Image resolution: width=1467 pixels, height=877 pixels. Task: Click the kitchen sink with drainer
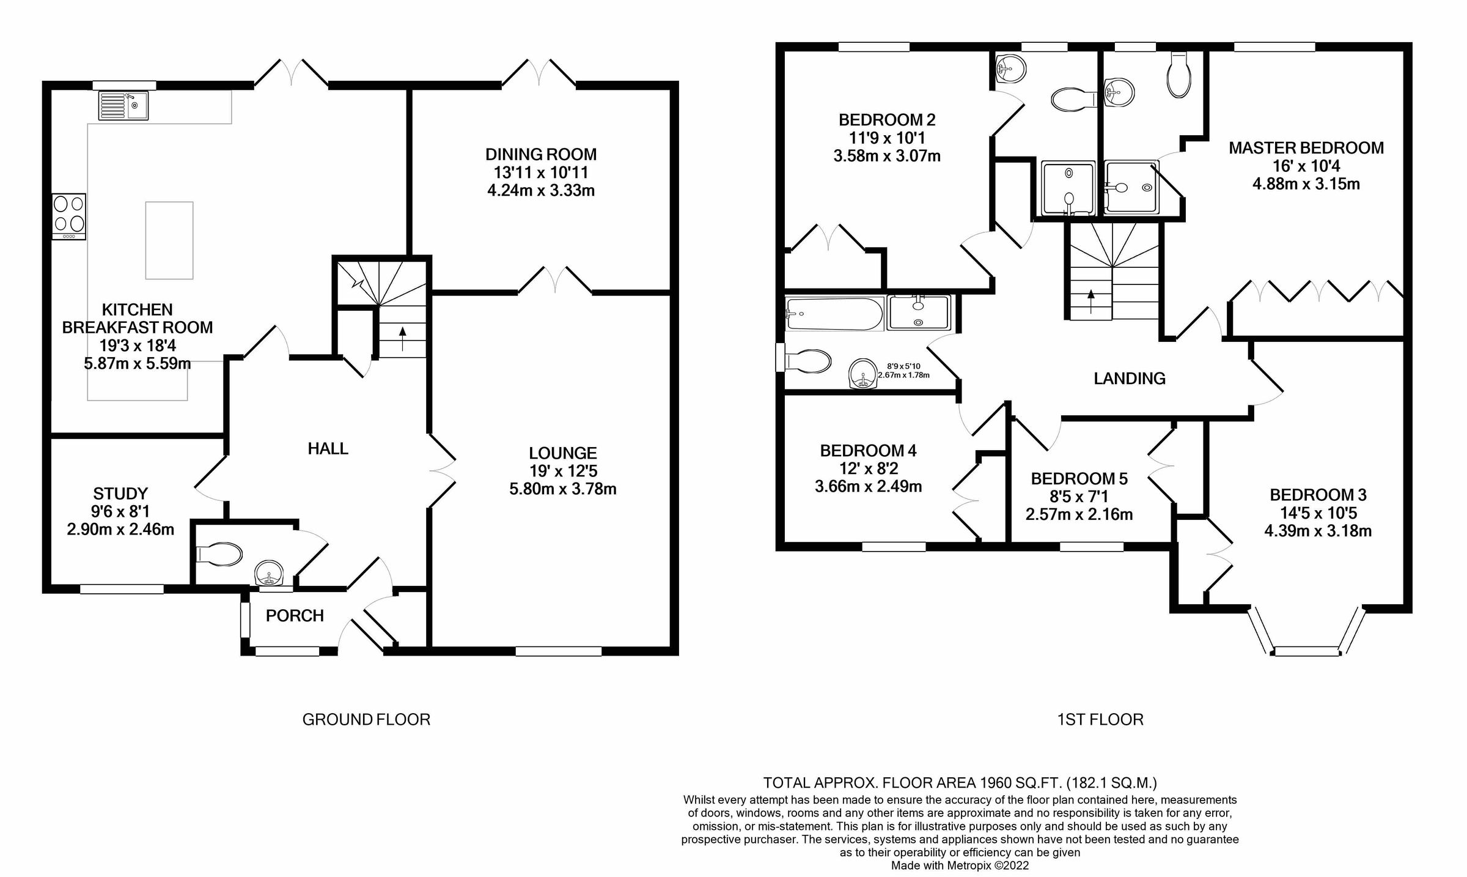123,106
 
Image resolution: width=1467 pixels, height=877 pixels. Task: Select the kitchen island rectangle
169,240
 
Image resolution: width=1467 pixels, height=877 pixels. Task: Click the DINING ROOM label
541,154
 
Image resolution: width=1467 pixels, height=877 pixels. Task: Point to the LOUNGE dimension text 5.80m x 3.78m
562,489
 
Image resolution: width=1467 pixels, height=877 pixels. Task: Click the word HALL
328,449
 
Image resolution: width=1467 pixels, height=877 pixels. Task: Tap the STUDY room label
120,494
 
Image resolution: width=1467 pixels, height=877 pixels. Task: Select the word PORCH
295,616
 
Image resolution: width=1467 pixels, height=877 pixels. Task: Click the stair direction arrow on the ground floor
402,338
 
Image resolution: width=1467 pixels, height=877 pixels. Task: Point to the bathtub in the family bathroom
834,314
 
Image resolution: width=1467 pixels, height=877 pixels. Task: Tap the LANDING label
1130,379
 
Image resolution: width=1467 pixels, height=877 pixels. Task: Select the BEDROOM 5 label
1079,479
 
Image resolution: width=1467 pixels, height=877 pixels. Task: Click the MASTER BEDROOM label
1306,148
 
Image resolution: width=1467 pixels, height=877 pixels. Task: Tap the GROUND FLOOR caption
366,720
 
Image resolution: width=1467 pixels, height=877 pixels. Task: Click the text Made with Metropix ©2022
960,866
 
